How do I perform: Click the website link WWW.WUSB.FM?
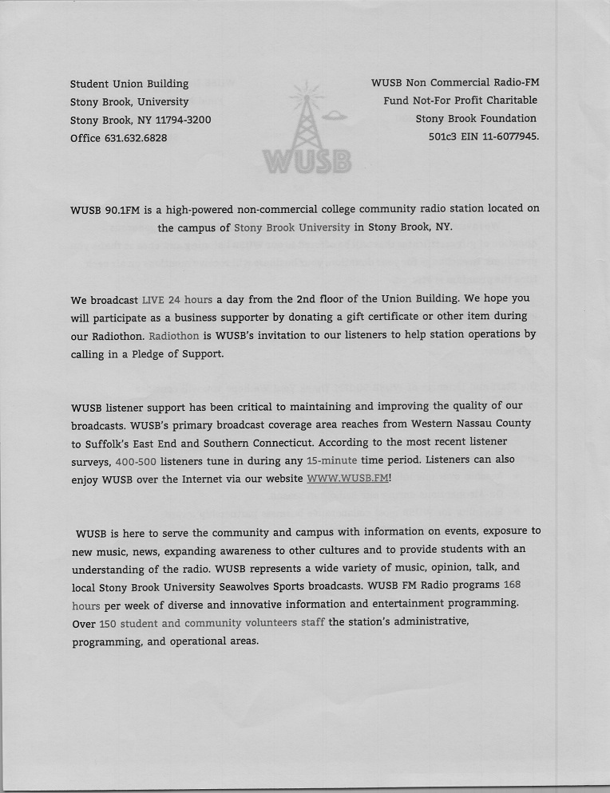[347, 478]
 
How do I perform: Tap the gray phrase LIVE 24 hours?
[177, 300]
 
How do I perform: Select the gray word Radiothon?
[174, 336]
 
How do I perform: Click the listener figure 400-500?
[136, 460]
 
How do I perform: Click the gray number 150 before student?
[108, 623]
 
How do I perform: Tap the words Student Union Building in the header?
[129, 84]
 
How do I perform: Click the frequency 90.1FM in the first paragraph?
[123, 209]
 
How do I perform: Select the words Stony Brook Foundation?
[476, 119]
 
